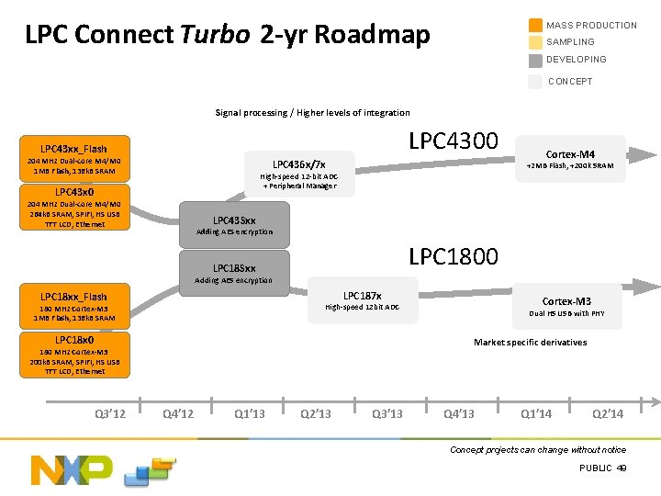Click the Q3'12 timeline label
110,413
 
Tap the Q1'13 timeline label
250,413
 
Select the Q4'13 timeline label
458,413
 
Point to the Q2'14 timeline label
608,413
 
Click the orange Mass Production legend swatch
535,26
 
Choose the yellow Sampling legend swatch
535,42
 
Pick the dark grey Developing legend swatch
535,60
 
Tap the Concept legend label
570,82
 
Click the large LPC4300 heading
453,141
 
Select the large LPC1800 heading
453,256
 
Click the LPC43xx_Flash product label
73,149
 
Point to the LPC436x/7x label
299,163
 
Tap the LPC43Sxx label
234,220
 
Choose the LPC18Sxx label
234,268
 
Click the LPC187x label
363,296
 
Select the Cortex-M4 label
570,154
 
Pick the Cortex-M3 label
566,301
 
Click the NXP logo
72,469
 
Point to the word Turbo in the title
214,36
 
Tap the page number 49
622,468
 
